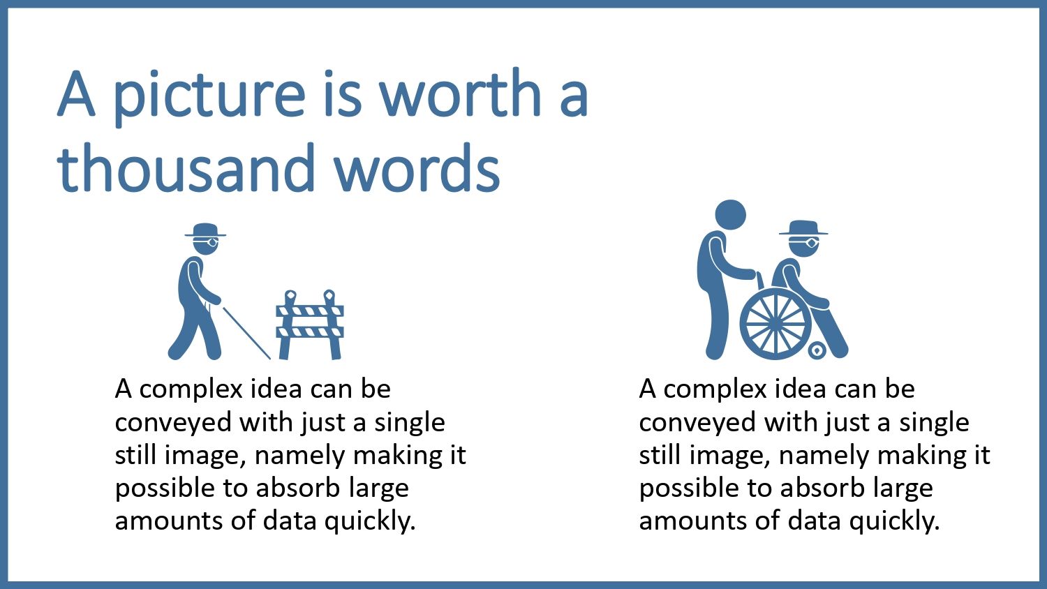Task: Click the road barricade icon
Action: click(x=310, y=325)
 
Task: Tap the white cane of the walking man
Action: click(x=246, y=333)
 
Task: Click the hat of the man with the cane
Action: click(x=205, y=230)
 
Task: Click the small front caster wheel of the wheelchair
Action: click(x=817, y=350)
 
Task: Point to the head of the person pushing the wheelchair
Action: click(x=731, y=214)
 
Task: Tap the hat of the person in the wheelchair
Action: click(x=803, y=228)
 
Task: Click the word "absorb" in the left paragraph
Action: click(x=297, y=489)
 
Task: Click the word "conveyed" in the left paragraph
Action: click(x=173, y=423)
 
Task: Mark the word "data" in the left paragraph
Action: click(x=290, y=521)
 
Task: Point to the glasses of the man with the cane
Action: click(x=206, y=241)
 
